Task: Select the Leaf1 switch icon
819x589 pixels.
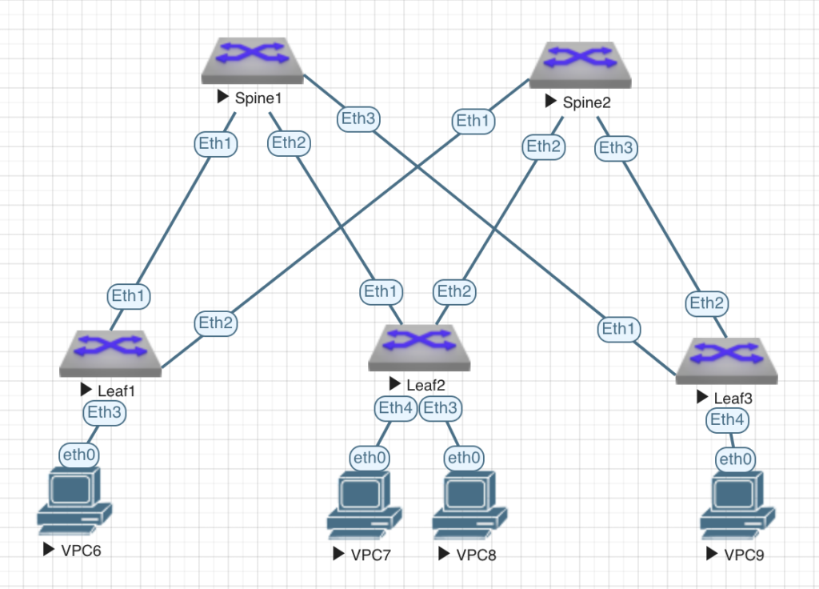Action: [x=111, y=353]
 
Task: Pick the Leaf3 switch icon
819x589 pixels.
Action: [x=727, y=360]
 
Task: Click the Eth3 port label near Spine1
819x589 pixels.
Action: [x=358, y=118]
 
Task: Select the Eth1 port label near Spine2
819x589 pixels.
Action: [x=473, y=122]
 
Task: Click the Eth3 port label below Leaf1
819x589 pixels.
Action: [x=105, y=413]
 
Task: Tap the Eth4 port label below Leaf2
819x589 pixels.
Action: [x=396, y=408]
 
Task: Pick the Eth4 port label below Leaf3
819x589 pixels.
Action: [x=728, y=419]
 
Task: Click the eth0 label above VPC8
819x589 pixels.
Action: [x=463, y=458]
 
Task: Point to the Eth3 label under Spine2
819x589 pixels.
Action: [x=616, y=147]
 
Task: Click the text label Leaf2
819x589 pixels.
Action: [x=425, y=385]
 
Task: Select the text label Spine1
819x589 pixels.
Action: [x=258, y=98]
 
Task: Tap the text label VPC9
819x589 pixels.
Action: [x=744, y=554]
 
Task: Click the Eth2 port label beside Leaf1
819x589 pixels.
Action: [x=215, y=323]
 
